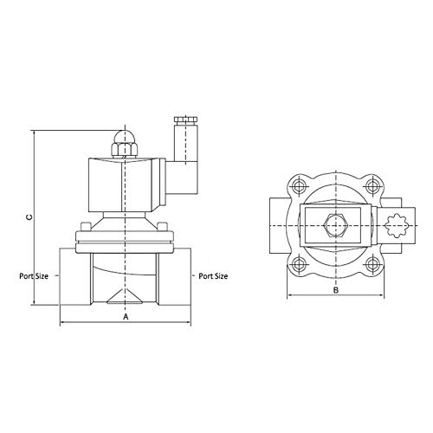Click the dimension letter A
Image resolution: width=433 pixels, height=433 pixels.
pos(126,317)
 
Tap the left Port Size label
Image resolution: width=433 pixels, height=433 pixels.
pos(38,277)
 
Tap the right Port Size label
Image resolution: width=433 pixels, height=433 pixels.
pos(211,277)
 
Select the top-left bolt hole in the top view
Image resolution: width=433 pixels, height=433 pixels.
pos(299,185)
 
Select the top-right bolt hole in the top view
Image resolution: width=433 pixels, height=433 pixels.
pos(372,185)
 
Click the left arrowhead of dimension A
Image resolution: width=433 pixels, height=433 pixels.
pos(61,325)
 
